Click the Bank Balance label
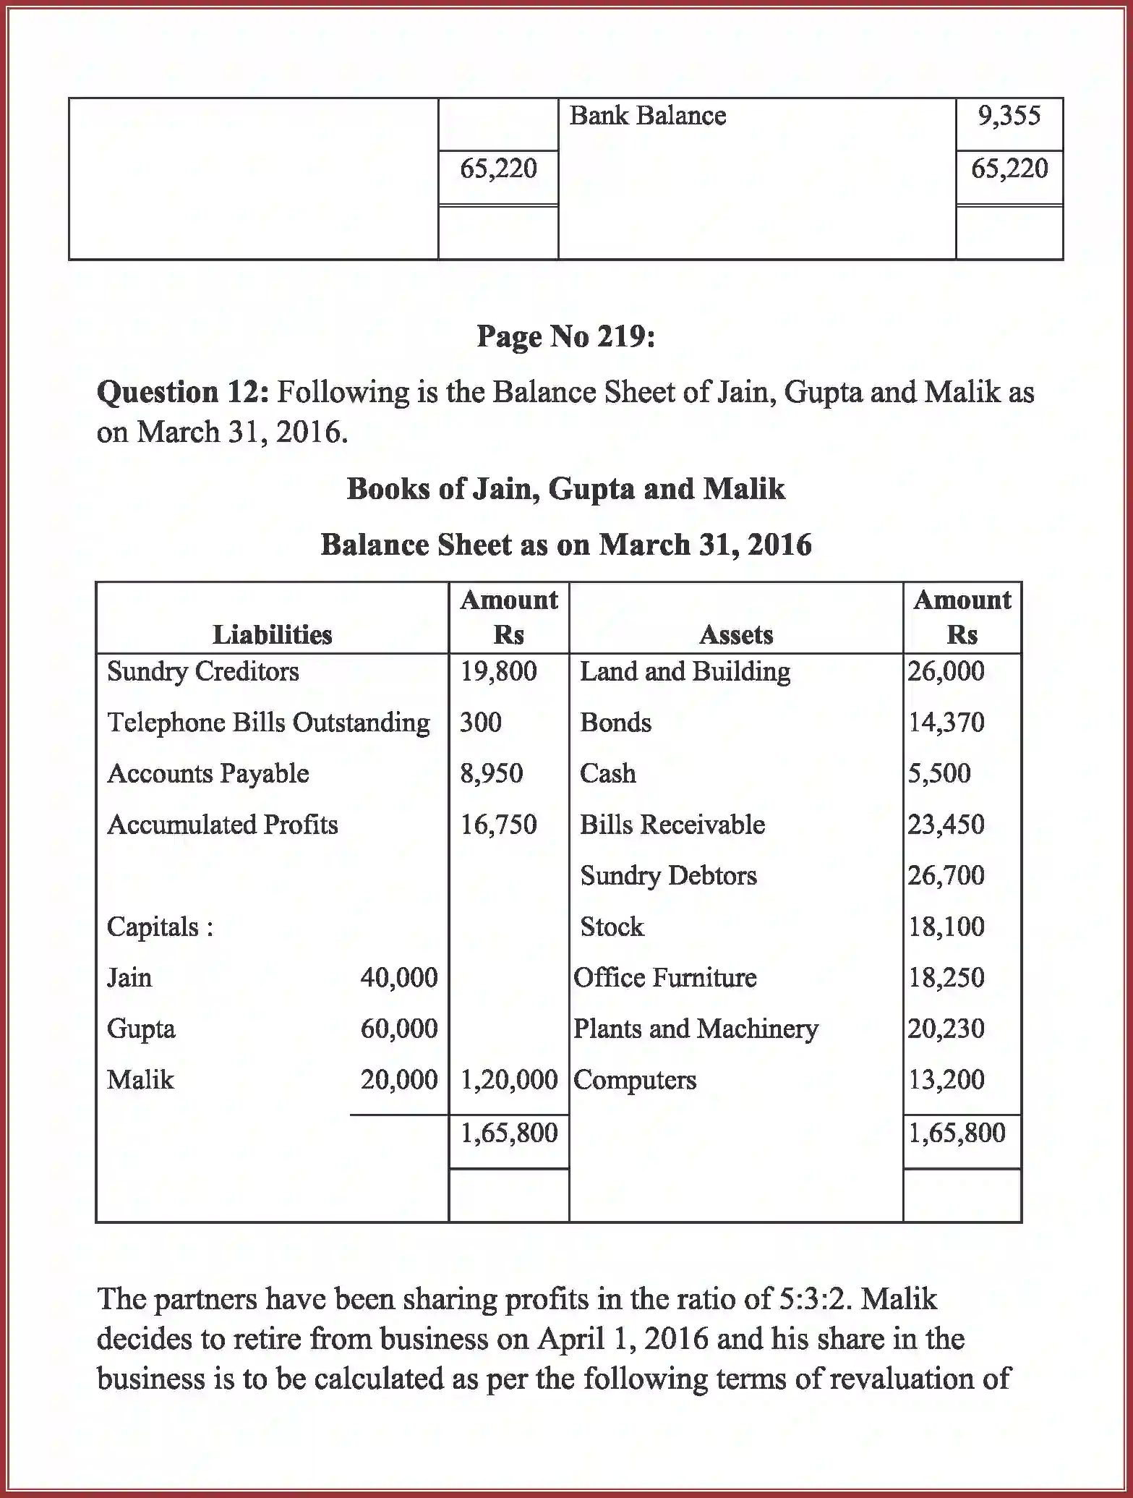point(647,116)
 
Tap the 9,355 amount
point(1009,116)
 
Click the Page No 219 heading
point(565,336)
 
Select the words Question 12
point(183,393)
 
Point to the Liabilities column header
point(272,634)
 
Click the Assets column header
point(735,634)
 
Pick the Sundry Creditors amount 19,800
point(498,671)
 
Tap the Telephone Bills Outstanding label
point(268,723)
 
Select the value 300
point(480,723)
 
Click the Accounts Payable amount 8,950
point(491,773)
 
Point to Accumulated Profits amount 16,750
point(498,825)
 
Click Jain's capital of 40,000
point(398,978)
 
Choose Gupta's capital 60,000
point(398,1029)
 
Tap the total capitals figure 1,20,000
point(508,1080)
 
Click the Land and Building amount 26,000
point(946,671)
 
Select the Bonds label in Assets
point(615,723)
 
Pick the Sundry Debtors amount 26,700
point(946,876)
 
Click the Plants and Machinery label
point(696,1029)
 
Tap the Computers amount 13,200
point(946,1080)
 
